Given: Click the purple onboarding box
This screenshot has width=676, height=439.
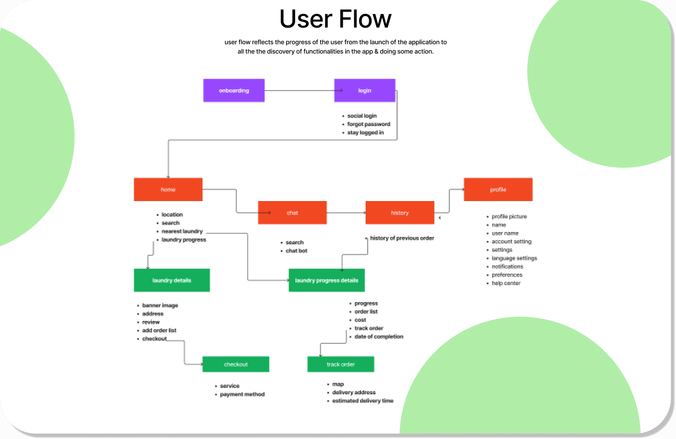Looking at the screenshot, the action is (234, 90).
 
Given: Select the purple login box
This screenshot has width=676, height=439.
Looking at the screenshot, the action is (365, 90).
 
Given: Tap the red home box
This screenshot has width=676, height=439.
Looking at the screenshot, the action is (168, 189).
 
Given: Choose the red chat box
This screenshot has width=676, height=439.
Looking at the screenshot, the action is (292, 213).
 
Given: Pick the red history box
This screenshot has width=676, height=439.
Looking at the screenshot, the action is (400, 213).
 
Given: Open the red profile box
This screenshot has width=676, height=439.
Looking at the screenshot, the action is (498, 189).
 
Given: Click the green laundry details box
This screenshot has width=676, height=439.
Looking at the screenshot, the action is (172, 280).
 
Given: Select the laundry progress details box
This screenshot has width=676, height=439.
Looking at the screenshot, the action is (327, 280).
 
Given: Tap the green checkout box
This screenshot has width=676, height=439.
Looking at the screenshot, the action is (236, 364).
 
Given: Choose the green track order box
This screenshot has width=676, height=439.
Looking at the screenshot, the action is (341, 364).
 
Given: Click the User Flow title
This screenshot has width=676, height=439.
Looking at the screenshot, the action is (335, 19).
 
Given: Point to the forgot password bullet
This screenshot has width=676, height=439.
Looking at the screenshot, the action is (368, 124).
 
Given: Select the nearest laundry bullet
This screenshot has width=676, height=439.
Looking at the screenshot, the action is (182, 231).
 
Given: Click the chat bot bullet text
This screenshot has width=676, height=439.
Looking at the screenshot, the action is (297, 251).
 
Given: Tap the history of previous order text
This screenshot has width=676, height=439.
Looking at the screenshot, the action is (402, 238).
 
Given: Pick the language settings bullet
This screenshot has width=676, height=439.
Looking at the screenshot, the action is (514, 258).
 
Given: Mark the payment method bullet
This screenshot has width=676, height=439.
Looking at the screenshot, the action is (242, 394).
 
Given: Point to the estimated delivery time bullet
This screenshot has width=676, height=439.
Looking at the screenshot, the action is (363, 401).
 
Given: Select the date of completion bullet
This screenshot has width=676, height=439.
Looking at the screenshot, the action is (379, 337).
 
